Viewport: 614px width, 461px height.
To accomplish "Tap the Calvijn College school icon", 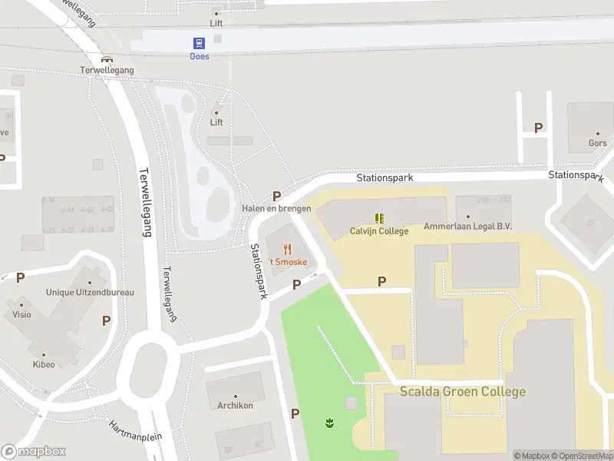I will coord(379,218).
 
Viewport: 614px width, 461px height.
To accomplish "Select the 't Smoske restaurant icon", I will coord(288,249).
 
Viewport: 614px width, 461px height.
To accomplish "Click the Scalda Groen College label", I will coord(463,392).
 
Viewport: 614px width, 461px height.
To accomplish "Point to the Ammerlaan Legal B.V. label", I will coord(467,227).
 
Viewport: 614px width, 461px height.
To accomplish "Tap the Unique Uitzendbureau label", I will coord(90,292).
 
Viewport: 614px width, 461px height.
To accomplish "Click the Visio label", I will coord(21,314).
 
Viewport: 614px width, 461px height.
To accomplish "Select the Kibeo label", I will coord(44,364).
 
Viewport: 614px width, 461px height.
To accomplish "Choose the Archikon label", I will coord(235,406).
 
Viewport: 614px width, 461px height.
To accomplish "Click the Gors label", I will coord(597,143).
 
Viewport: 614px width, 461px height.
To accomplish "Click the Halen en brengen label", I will coord(276,209).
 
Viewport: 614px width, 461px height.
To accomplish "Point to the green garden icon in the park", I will coord(329,423).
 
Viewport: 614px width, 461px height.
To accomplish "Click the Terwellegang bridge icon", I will coord(107,58).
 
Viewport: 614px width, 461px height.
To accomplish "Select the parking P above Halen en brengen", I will coord(276,196).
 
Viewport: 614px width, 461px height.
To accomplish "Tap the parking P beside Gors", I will coord(539,128).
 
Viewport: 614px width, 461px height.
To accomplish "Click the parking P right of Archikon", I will coord(295,413).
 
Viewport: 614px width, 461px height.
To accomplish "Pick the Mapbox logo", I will coord(33,451).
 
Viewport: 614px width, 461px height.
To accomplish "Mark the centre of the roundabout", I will coord(147,366).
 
